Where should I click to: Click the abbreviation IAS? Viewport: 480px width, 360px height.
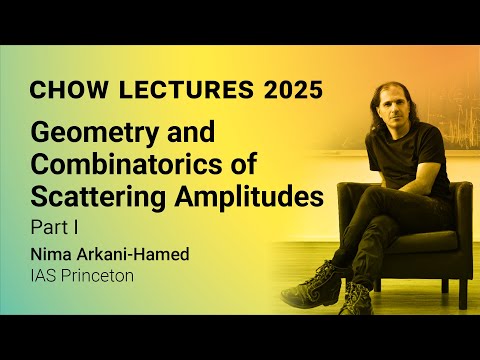point(44,273)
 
